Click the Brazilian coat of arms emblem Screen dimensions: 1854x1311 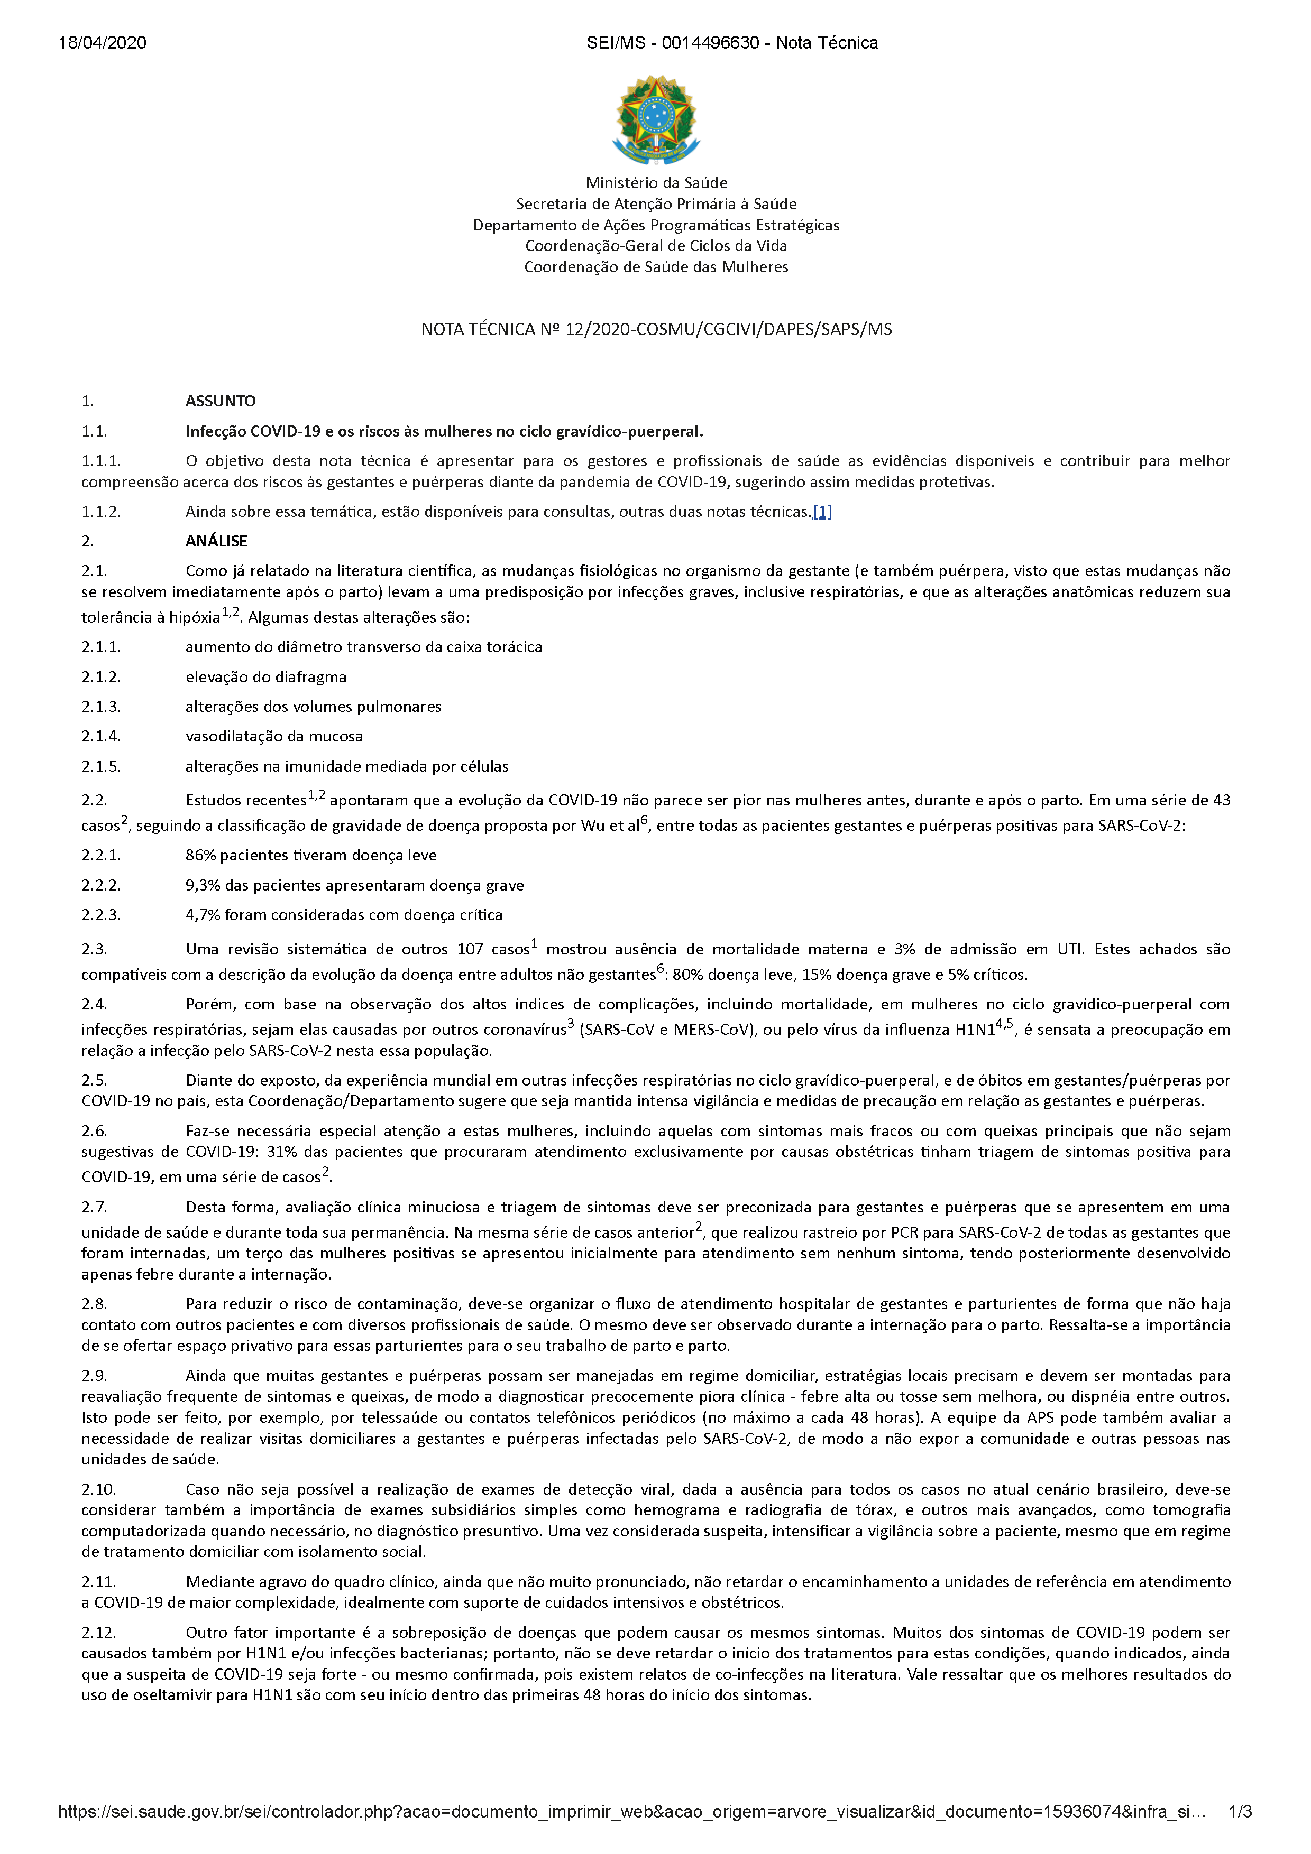click(x=655, y=119)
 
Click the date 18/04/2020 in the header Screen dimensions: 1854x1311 click(x=103, y=43)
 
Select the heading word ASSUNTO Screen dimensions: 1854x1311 click(x=221, y=401)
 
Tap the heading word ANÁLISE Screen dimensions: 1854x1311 click(x=216, y=541)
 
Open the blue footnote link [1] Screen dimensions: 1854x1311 click(x=822, y=512)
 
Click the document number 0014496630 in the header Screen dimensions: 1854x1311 click(x=710, y=43)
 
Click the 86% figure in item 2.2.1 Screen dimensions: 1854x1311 click(x=200, y=855)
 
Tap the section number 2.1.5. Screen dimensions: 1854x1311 click(x=101, y=766)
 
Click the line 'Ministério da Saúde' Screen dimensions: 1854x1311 click(x=656, y=183)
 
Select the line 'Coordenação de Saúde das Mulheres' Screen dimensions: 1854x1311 click(x=656, y=267)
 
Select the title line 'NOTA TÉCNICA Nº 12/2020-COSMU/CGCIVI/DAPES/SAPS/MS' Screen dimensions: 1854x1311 click(x=656, y=329)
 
